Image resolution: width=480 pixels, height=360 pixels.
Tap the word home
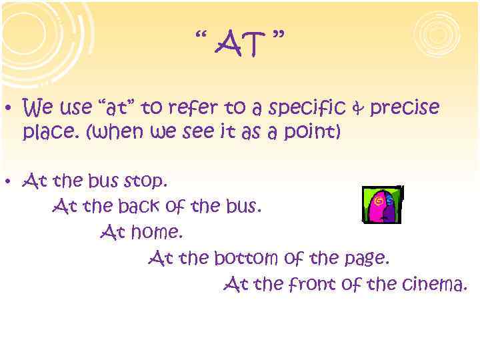click(157, 233)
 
